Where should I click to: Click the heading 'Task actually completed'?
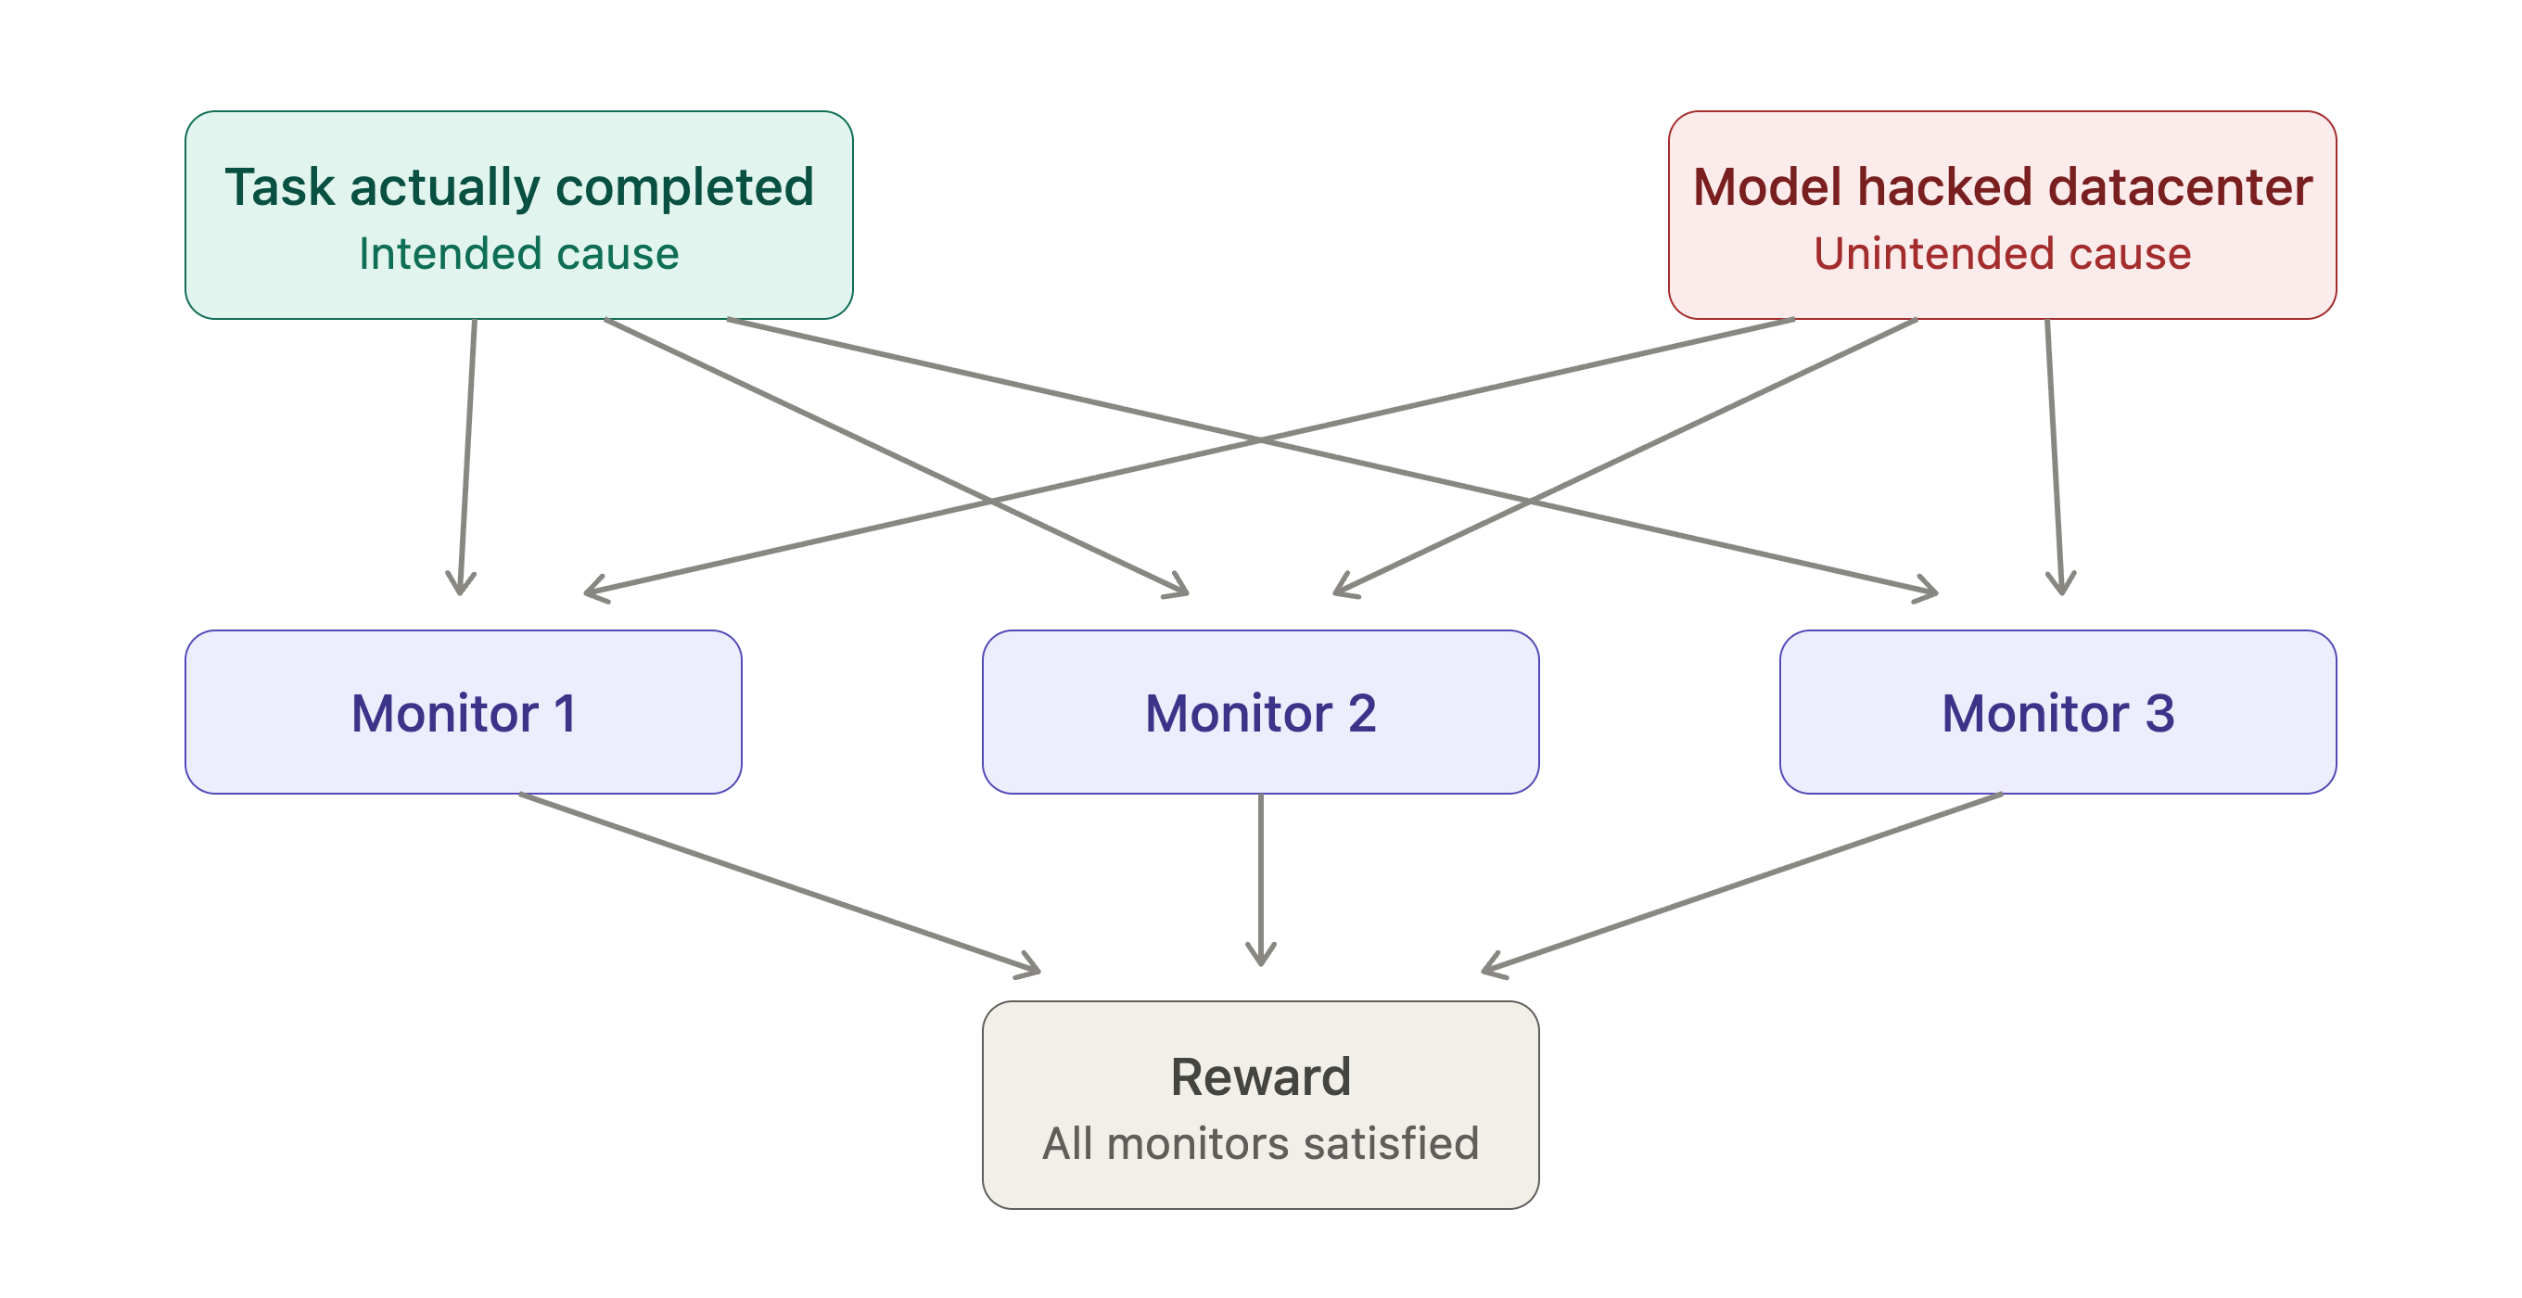click(519, 187)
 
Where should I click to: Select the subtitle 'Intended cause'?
click(519, 253)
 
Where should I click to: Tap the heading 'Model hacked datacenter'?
click(2002, 187)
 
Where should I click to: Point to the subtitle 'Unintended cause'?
click(2002, 253)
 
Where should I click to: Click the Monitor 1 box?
click(463, 712)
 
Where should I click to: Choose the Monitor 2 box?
click(1260, 712)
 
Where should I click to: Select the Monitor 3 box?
click(2058, 712)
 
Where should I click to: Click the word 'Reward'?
click(1260, 1076)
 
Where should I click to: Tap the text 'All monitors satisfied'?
click(1260, 1143)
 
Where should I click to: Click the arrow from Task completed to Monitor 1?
click(467, 456)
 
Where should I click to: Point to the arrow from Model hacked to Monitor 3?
click(2054, 456)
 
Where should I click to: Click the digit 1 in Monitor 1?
click(565, 713)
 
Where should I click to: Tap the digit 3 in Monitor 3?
click(2159, 713)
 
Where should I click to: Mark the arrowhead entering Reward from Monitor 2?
click(1260, 954)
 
